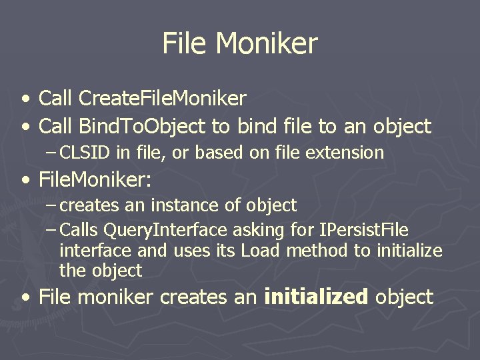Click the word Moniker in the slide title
(x=267, y=44)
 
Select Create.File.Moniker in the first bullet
(x=162, y=99)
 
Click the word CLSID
(x=85, y=153)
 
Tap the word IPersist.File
(x=365, y=231)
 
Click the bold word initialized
(x=316, y=297)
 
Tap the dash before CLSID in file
(x=51, y=153)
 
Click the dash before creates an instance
(x=51, y=205)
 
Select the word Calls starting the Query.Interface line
(x=79, y=231)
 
